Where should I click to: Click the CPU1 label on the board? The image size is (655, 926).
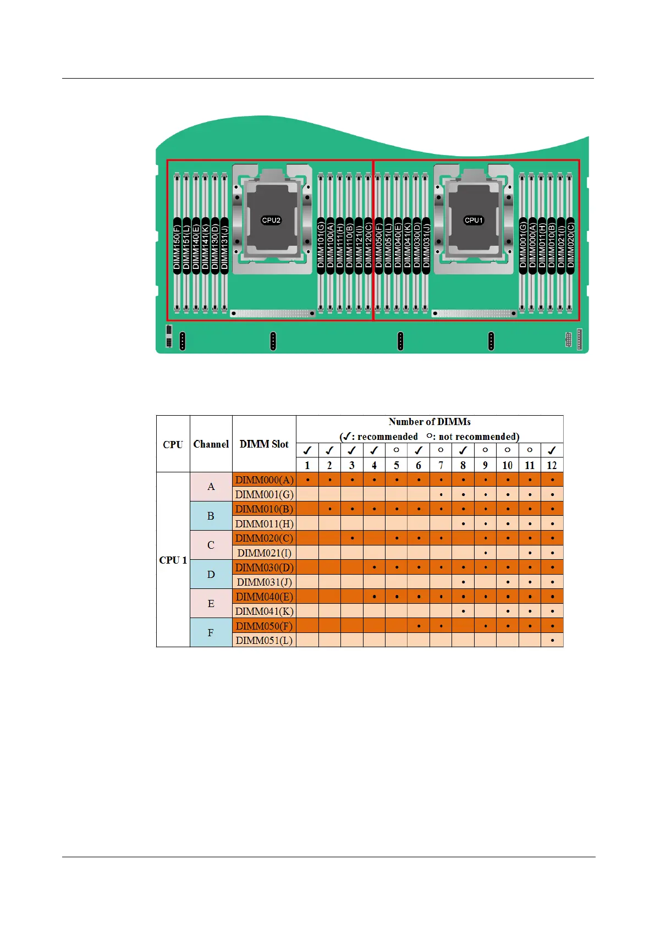474,221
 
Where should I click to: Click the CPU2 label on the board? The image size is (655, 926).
271,221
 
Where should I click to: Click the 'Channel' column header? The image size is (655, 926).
211,444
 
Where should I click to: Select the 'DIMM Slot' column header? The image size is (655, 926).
264,444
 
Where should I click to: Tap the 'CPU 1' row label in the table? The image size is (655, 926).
173,560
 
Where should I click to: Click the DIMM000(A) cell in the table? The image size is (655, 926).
264,480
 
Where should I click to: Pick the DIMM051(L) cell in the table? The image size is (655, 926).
264,641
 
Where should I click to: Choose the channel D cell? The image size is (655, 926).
211,575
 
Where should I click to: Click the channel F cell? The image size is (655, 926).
211,633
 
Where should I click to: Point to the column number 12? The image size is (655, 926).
552,466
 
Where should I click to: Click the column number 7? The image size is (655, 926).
441,466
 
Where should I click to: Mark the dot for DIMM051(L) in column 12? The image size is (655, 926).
552,641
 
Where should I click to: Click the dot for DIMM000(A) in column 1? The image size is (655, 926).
307,480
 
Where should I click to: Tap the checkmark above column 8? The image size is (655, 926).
463,450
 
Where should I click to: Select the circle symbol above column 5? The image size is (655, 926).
396,450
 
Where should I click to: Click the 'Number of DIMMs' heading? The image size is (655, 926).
430,422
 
